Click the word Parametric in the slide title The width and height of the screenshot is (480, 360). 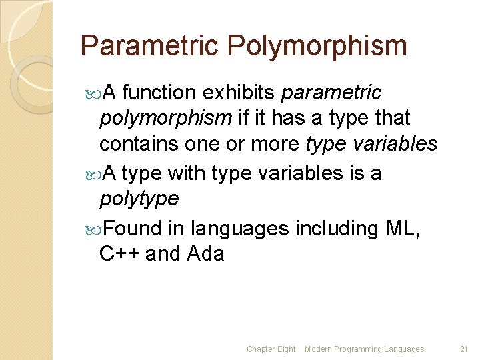click(149, 46)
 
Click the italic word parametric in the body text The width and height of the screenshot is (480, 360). click(331, 92)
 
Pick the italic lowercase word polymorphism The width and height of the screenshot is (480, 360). click(165, 119)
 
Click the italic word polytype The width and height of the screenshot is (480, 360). click(139, 199)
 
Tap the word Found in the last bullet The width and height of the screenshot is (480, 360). click(132, 228)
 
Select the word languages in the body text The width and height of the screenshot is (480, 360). click(239, 228)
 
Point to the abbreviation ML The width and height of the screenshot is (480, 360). click(401, 228)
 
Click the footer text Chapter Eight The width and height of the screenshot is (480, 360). click(271, 349)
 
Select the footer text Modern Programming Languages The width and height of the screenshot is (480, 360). click(364, 349)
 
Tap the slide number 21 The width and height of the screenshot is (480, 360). click(465, 349)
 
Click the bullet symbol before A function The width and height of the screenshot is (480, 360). click(92, 93)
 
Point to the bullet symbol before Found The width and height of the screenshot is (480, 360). click(92, 229)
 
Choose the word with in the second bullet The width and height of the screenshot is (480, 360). click(187, 173)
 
